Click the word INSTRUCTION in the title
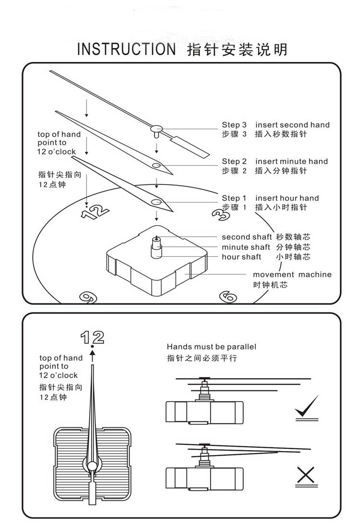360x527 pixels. coord(126,49)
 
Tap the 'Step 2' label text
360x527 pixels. coord(234,161)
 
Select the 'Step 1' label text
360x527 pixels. coord(234,198)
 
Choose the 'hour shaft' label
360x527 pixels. coord(241,257)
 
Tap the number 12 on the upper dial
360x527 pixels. coord(95,211)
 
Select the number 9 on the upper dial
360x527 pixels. coord(86,298)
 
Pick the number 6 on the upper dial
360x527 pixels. coord(228,297)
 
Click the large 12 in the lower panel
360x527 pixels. coord(92,337)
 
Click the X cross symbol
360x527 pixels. coord(305,475)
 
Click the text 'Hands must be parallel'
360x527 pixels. coord(211,347)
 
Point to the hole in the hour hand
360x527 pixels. coord(156,202)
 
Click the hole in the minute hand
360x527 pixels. coord(156,165)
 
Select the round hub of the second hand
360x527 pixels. coord(156,128)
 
